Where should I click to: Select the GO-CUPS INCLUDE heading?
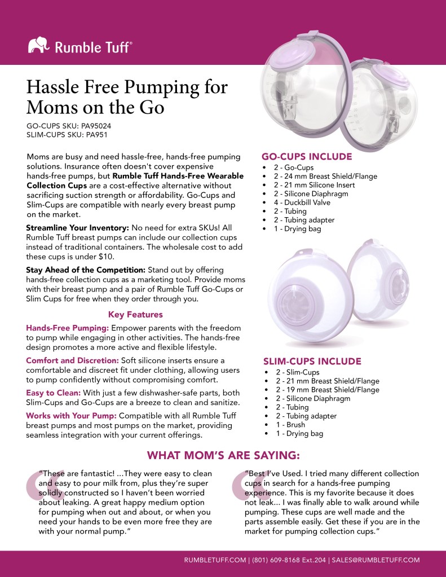coord(307,157)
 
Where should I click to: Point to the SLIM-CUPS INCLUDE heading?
coord(312,362)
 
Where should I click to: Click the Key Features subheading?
coord(135,315)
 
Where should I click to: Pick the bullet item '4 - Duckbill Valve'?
coord(303,202)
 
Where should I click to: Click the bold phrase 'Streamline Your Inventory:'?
coord(78,228)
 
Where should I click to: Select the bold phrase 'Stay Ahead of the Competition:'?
coord(86,270)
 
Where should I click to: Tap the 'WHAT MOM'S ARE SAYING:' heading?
coord(223,455)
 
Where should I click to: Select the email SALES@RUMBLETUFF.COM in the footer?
coord(376,560)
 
